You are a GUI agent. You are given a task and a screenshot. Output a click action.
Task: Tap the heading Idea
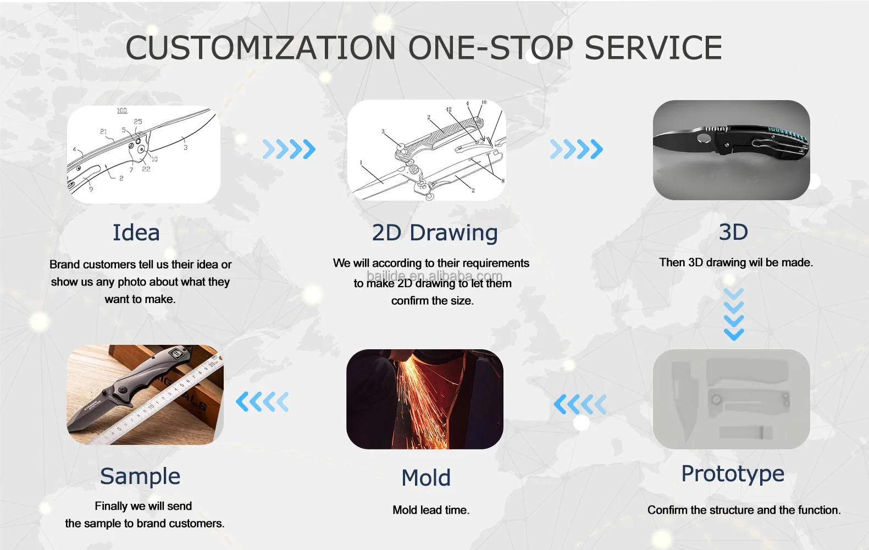coord(136,233)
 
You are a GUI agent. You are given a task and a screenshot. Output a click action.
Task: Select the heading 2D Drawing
coord(434,233)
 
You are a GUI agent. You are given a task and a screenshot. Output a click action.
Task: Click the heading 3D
coord(733,232)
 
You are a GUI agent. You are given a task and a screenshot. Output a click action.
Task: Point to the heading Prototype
coord(733,474)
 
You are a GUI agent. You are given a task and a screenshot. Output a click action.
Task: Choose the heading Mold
coord(426,477)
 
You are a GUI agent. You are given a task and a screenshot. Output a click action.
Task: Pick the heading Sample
coord(140,476)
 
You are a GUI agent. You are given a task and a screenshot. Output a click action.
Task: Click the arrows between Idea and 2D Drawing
coord(289,149)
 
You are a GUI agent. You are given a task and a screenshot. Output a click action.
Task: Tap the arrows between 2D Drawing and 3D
coord(577,149)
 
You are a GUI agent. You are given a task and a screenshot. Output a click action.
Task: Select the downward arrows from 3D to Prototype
coord(734,314)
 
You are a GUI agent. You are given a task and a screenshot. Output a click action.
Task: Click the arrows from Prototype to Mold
coord(580,404)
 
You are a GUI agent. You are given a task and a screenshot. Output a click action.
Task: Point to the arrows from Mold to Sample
coord(262,402)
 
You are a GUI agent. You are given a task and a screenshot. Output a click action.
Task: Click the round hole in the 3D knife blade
coord(702,138)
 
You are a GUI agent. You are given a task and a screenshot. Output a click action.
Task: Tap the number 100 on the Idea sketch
coord(122,111)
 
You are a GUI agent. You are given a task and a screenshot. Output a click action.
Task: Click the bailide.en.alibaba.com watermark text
coord(434,276)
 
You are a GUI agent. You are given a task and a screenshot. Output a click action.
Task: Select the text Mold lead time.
coord(431,510)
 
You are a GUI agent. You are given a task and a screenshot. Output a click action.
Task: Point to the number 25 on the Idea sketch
coord(138,122)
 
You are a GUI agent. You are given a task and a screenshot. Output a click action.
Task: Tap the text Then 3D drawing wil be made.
coord(736,263)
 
